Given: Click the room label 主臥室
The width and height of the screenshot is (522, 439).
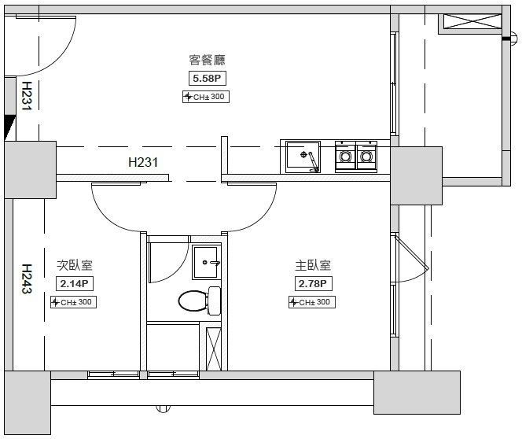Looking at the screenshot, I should click(312, 266).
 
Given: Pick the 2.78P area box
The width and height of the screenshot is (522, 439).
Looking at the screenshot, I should click(312, 283).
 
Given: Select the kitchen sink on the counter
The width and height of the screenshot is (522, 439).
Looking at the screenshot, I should click(304, 156).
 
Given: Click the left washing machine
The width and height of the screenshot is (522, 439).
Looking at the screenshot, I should click(345, 155).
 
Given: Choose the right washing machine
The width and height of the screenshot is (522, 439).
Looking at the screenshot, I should click(366, 155).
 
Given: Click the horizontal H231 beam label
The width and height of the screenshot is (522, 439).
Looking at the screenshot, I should click(143, 163).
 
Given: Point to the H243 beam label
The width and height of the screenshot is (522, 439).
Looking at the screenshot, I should click(26, 279).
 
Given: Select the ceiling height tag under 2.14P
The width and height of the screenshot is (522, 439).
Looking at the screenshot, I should click(74, 302).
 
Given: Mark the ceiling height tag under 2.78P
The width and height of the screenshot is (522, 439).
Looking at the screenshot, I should click(312, 302).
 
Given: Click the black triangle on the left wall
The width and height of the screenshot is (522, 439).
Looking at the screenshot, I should click(9, 126).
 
